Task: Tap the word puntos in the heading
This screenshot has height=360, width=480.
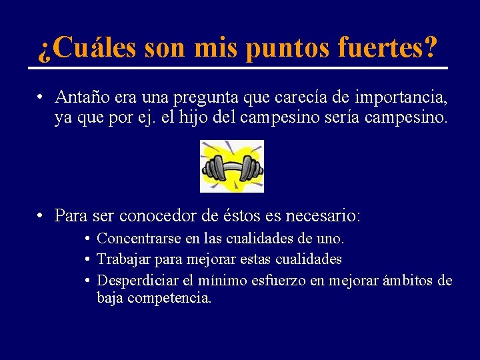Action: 281,48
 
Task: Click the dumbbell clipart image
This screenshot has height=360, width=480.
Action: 232,166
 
